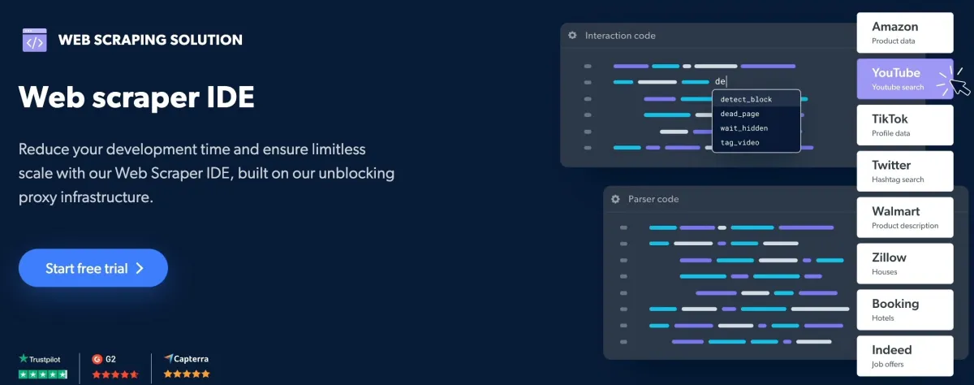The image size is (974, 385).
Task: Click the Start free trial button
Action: point(93,268)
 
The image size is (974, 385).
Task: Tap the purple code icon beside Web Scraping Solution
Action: point(35,40)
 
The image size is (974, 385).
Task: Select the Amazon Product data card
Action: point(905,32)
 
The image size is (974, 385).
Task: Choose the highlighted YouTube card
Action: point(905,79)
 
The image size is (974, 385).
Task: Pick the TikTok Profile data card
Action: point(905,125)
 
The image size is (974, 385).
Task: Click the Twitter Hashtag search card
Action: point(905,171)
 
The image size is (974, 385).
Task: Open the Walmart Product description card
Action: point(905,217)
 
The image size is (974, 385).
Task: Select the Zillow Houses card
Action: point(905,263)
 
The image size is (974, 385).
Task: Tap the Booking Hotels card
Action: point(905,309)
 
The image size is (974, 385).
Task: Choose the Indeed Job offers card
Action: point(905,356)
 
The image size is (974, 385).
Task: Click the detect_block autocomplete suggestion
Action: point(746,99)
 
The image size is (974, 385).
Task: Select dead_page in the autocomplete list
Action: point(739,114)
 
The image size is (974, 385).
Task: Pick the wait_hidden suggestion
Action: point(744,128)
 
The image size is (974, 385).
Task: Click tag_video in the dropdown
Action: point(739,142)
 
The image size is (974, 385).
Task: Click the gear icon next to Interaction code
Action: point(573,35)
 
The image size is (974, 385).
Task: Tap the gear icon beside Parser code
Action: point(615,199)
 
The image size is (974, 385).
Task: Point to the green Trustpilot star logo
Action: point(24,358)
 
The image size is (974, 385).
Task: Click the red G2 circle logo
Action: point(97,359)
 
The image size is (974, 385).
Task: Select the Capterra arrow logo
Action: point(168,358)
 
